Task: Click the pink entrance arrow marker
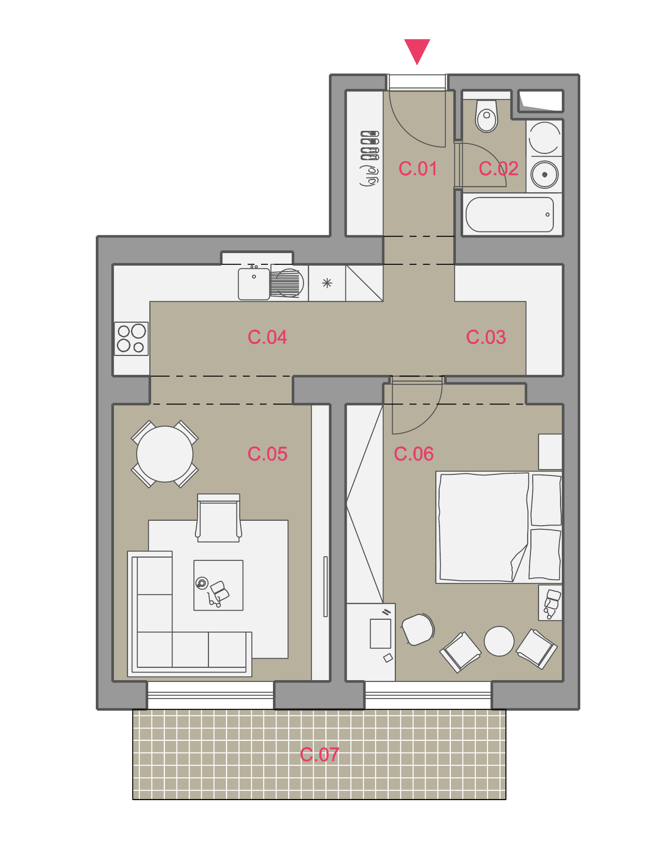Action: (x=417, y=50)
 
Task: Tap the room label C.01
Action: (x=418, y=169)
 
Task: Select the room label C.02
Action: (x=498, y=169)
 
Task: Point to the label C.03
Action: (x=486, y=337)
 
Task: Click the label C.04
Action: (x=267, y=337)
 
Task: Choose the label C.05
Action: (x=267, y=454)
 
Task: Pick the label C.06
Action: (x=414, y=454)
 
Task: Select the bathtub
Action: (x=509, y=215)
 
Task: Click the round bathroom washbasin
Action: (x=544, y=175)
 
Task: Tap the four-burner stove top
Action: (x=131, y=339)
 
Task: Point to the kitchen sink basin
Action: (x=254, y=284)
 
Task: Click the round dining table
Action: (x=164, y=454)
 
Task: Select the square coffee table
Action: (x=218, y=585)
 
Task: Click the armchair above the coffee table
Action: (x=218, y=518)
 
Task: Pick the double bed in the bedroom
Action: (x=499, y=527)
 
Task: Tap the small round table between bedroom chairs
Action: (x=499, y=641)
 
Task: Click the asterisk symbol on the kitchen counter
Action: (x=327, y=283)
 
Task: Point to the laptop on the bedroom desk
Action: (x=380, y=634)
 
